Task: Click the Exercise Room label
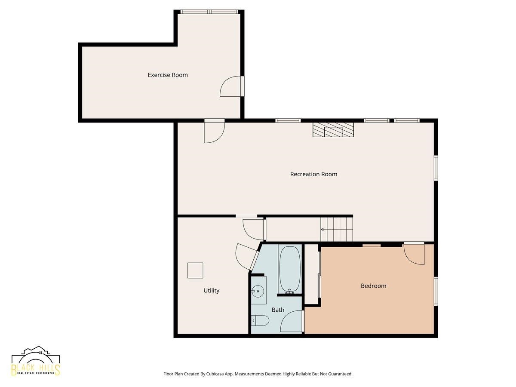pos(168,75)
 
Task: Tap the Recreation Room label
pos(313,174)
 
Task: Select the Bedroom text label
pos(373,286)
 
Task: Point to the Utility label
pos(211,291)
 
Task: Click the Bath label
pos(278,310)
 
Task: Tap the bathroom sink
pos(258,291)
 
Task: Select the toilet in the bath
pos(261,320)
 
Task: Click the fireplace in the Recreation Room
pos(333,130)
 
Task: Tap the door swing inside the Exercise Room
pos(231,86)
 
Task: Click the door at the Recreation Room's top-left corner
pos(214,132)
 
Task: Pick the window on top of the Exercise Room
pos(209,12)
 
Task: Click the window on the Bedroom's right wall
pos(436,292)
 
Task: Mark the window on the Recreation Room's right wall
pos(436,168)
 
